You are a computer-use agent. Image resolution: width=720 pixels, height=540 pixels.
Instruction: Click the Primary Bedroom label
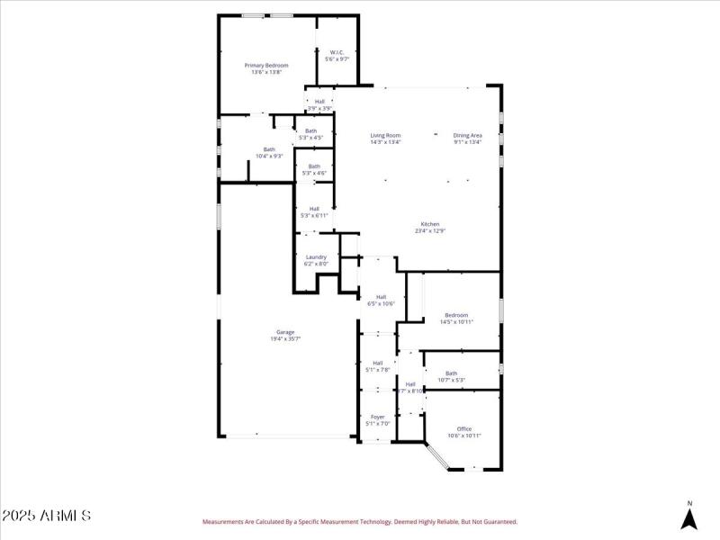[266, 66]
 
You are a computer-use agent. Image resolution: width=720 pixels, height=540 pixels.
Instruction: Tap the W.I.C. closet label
[337, 52]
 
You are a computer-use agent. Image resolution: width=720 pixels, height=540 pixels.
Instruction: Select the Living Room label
[385, 135]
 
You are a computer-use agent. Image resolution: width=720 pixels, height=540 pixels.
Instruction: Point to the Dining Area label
[467, 135]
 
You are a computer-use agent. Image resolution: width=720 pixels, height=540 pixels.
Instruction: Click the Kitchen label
[430, 224]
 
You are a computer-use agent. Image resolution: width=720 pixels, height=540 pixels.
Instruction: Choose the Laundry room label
[316, 257]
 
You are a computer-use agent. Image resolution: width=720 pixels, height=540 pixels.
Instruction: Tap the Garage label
[285, 332]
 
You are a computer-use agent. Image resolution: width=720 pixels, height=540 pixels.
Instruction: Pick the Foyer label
[377, 417]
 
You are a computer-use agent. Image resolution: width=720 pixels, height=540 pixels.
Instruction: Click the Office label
[464, 428]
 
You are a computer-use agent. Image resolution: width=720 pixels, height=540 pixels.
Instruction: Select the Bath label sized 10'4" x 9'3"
[269, 149]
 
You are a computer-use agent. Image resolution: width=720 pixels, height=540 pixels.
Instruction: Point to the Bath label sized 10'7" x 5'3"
[451, 373]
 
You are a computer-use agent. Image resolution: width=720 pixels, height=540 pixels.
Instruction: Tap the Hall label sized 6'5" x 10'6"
[381, 297]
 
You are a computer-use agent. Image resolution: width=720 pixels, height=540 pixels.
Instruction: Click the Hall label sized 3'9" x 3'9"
[319, 102]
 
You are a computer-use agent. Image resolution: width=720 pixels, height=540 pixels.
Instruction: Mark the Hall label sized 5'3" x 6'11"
[314, 209]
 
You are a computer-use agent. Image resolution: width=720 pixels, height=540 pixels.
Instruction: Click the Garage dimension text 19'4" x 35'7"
[285, 338]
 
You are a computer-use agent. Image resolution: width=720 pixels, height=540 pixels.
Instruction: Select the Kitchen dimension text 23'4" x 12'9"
[430, 230]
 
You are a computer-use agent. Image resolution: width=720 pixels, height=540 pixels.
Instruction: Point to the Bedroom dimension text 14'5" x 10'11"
[456, 321]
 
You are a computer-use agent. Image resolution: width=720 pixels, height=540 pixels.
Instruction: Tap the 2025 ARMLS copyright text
[46, 516]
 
